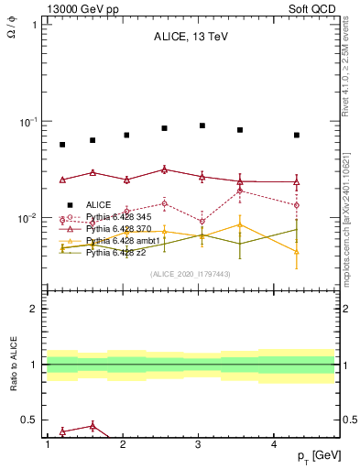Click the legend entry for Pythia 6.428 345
pyautogui.click(x=113, y=216)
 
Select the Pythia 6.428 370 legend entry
pyautogui.click(x=113, y=228)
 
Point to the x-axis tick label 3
pyautogui.click(x=199, y=444)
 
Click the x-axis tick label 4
pyautogui.click(x=275, y=444)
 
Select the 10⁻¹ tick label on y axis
pyautogui.click(x=26, y=122)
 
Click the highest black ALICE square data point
pyautogui.click(x=202, y=125)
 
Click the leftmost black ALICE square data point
pyautogui.click(x=62, y=145)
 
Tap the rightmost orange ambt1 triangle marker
pyautogui.click(x=297, y=251)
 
